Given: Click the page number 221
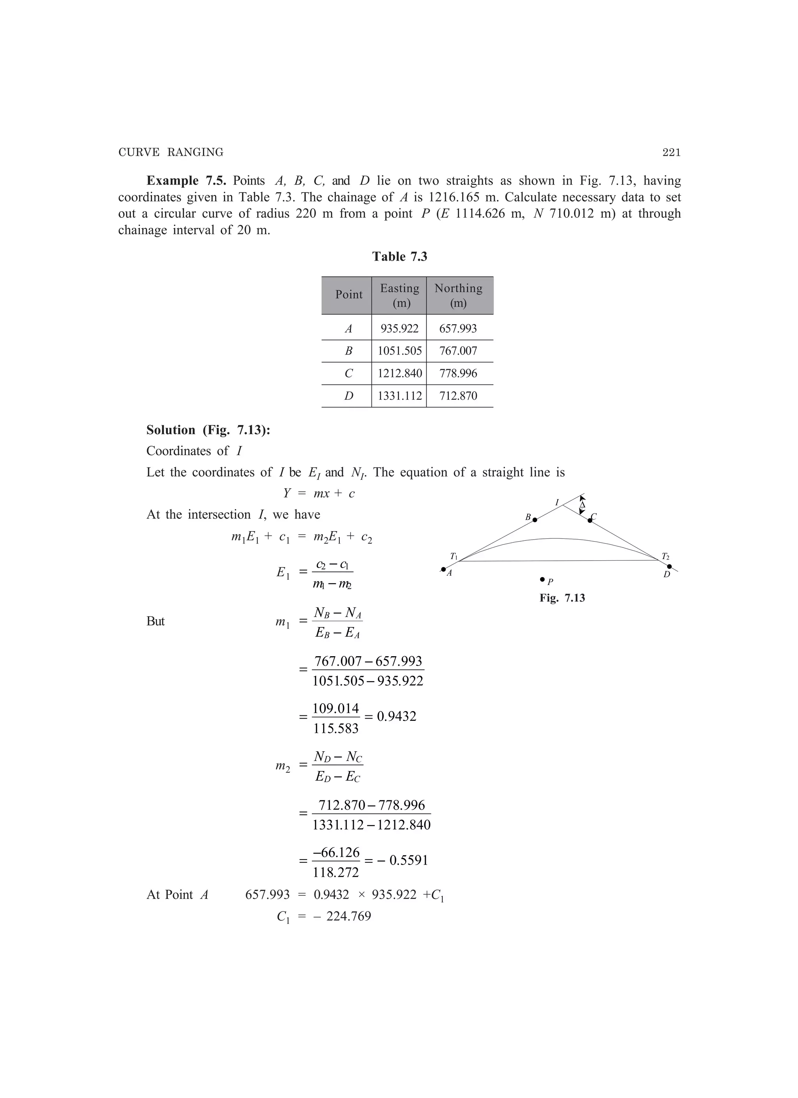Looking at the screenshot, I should (x=671, y=152).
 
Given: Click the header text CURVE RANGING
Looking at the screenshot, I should (x=171, y=152).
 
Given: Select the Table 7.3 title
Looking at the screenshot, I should (x=399, y=257).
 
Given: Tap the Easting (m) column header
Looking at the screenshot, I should (x=399, y=295).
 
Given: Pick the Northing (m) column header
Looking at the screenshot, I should (x=458, y=295).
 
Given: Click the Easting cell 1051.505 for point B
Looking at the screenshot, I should (x=399, y=351).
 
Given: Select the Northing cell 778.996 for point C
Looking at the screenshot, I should (x=458, y=373).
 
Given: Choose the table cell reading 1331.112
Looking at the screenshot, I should (x=399, y=396).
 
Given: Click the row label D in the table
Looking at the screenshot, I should (x=348, y=396).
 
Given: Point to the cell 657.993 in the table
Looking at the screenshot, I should (x=458, y=329).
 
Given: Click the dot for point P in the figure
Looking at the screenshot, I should (x=542, y=579).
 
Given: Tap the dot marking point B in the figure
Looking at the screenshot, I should (x=535, y=520).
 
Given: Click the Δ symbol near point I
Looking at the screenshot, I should (x=583, y=505).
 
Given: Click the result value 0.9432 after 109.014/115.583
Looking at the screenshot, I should (x=396, y=717).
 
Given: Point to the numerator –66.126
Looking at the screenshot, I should (x=336, y=852).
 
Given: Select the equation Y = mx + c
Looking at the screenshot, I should (x=319, y=493).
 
